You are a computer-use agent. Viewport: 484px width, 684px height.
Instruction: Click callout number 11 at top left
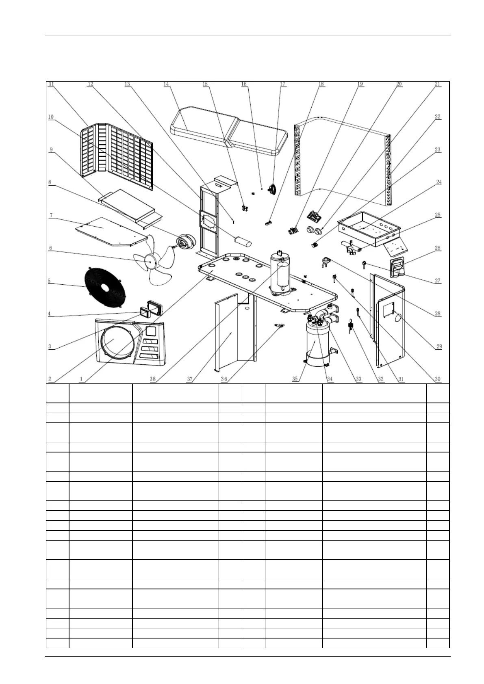[x=52, y=84]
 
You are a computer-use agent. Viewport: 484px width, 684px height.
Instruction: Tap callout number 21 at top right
[x=437, y=84]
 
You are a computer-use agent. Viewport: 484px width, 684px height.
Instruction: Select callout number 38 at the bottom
[x=153, y=379]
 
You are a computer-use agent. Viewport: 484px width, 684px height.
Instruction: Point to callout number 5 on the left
[x=49, y=281]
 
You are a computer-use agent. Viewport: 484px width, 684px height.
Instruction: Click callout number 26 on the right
[x=438, y=248]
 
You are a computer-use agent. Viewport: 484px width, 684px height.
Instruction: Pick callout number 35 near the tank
[x=295, y=379]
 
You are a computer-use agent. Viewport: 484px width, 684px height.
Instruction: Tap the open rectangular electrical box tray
[x=368, y=226]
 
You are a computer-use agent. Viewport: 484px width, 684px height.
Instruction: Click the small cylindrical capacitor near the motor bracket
[x=242, y=239]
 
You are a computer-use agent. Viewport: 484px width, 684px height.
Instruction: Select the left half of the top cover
[x=199, y=126]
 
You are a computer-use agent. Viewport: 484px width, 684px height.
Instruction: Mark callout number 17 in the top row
[x=282, y=84]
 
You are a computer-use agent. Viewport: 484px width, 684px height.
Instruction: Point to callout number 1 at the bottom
[x=81, y=379]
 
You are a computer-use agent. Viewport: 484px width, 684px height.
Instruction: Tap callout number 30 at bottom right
[x=438, y=379]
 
